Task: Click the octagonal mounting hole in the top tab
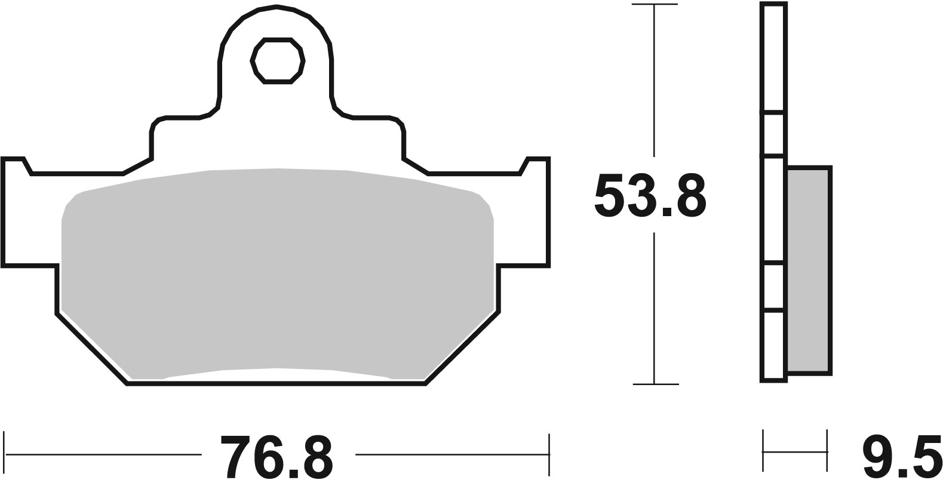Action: click(x=278, y=61)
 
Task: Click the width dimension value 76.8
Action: click(x=276, y=457)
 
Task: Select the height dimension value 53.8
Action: click(x=650, y=196)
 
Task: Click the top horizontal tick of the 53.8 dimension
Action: click(x=655, y=5)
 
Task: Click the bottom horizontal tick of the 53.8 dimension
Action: click(x=655, y=384)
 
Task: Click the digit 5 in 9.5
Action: click(x=923, y=457)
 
